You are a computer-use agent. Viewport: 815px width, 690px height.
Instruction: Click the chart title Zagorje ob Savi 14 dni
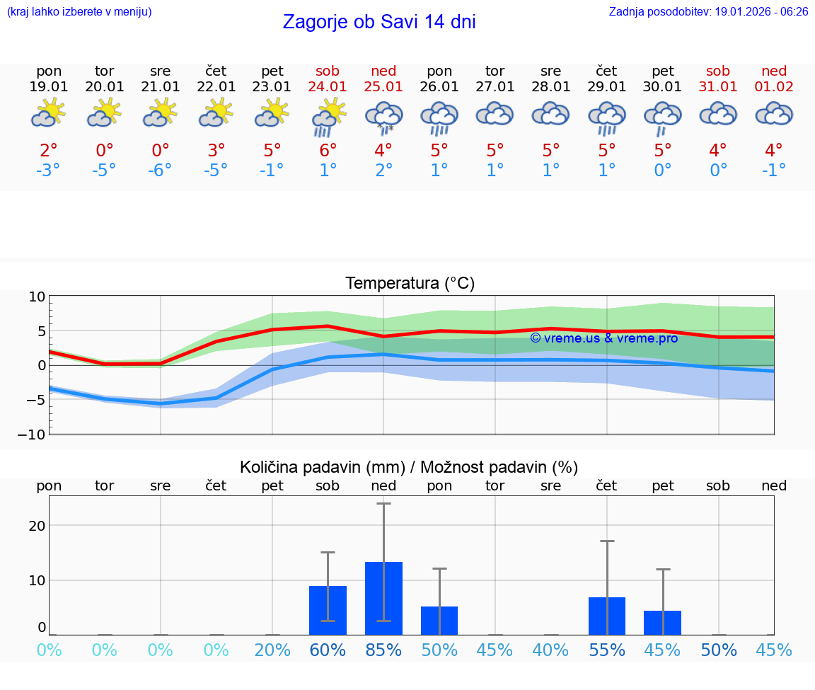coord(379,22)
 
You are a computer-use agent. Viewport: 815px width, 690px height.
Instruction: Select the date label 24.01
coord(328,86)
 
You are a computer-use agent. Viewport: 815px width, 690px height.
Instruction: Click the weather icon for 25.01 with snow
coord(383,117)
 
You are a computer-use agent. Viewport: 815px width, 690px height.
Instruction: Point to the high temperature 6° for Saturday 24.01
coord(328,150)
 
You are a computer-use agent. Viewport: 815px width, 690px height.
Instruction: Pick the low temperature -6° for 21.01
coord(160,171)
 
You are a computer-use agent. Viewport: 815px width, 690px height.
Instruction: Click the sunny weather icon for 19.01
coord(49,113)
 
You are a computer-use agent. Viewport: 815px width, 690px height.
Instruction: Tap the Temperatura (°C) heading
coord(410,284)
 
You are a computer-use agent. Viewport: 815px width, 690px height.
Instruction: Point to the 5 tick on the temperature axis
coord(40,331)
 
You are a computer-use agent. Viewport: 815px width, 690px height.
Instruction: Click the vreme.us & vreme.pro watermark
coord(603,338)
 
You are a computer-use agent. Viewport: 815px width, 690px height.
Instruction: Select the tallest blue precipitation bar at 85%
coord(383,598)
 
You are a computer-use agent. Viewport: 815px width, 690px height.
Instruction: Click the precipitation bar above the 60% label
coord(328,610)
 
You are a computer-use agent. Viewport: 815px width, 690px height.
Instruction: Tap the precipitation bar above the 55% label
coord(607,616)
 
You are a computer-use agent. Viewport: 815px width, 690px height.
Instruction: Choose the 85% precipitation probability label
coord(383,650)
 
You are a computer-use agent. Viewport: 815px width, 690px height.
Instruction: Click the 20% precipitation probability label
coord(272,650)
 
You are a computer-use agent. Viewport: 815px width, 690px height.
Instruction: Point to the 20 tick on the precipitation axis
coord(37,526)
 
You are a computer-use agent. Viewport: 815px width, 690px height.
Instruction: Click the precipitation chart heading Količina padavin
coord(409,467)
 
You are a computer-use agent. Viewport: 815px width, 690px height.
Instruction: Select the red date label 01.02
coord(774,86)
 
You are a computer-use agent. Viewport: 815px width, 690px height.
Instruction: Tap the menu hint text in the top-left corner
coord(79,12)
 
